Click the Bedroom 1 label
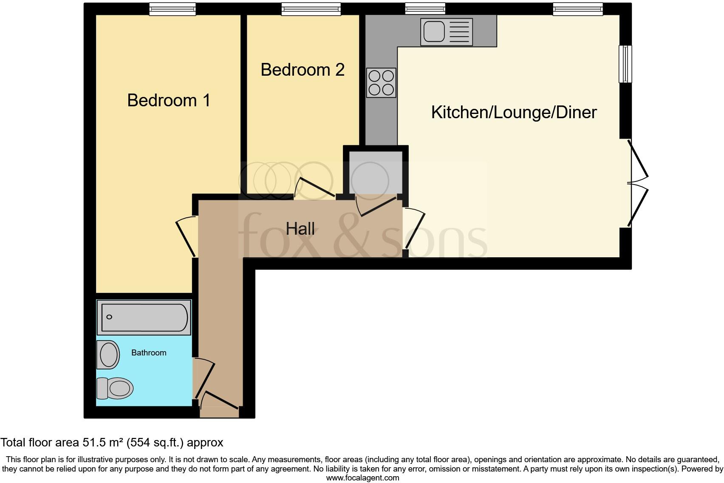[x=169, y=101]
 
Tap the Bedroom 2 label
[x=302, y=70]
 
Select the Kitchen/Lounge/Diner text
[x=514, y=112]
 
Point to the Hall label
[x=300, y=229]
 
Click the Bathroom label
[x=149, y=352]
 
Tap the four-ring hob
[x=381, y=82]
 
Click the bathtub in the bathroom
[x=144, y=317]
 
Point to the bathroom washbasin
[x=108, y=354]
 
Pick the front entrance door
[x=219, y=401]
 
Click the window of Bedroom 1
[x=172, y=9]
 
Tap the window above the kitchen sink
[x=425, y=9]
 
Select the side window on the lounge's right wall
[x=625, y=64]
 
